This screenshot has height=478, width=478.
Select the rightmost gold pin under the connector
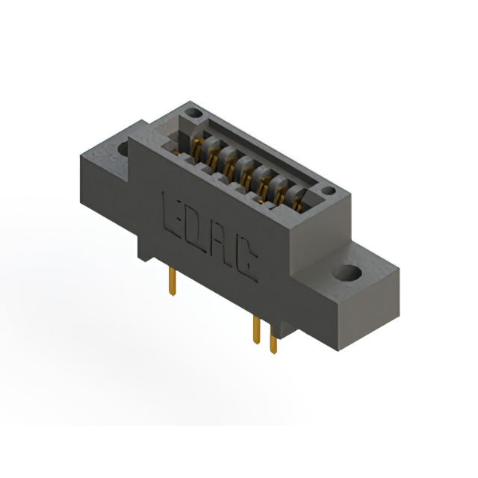click(x=273, y=344)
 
